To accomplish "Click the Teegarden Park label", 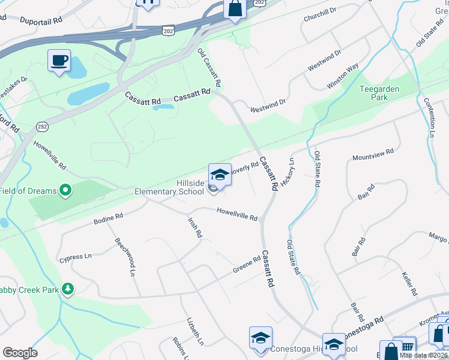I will [x=380, y=93].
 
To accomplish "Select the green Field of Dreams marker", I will [x=65, y=191].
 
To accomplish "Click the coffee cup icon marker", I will [x=59, y=61].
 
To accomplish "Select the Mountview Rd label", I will [x=373, y=154].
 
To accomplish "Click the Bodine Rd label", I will [x=108, y=218].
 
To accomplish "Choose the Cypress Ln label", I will [x=75, y=257].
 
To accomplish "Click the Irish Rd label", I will [x=194, y=228].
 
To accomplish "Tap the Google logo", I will [x=20, y=353].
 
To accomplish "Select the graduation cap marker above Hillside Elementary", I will [x=220, y=175].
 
